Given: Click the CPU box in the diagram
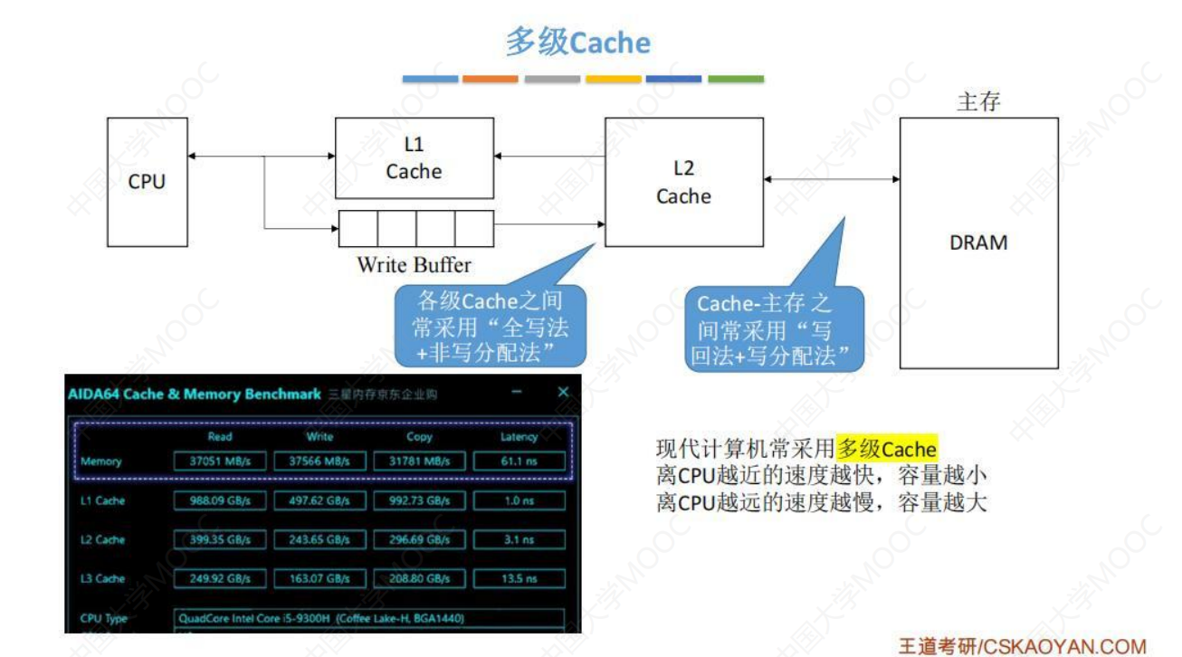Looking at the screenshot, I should coord(147,180).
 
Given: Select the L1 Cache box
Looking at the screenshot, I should coord(414,158).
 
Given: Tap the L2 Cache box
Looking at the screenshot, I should coord(683,182).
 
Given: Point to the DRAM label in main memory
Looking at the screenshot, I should coord(978,243).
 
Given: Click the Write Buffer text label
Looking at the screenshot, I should coord(414,265).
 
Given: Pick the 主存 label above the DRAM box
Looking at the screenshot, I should coord(978,101).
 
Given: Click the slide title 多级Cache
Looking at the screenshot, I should coord(578,43).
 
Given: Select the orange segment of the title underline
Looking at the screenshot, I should coord(490,80).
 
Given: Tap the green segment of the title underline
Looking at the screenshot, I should coord(735,80).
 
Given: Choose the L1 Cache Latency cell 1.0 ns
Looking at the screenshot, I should coord(519,500).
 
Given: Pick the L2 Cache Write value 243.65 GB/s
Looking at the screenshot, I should coord(319,539).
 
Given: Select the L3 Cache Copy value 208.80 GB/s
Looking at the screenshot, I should coord(419,578).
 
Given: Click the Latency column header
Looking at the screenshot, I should coord(519,436).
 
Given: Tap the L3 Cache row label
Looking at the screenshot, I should coord(103,578).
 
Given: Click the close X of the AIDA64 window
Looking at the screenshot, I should coord(563,392).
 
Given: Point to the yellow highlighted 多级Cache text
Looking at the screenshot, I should coord(887,449).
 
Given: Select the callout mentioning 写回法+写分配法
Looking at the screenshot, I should coord(773,329).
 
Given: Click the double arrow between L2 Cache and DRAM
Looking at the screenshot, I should coord(832,179).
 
